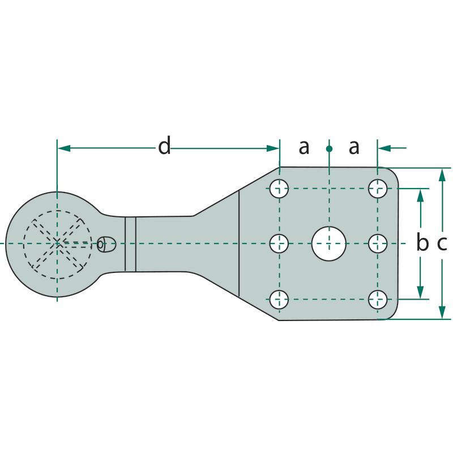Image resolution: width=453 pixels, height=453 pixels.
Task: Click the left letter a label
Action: point(304,147)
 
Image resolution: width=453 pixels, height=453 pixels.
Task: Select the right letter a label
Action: point(354,147)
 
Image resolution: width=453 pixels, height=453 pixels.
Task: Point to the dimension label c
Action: point(442,243)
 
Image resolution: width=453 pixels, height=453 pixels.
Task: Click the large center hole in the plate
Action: point(329,243)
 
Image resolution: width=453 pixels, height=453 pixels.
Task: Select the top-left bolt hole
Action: point(279,189)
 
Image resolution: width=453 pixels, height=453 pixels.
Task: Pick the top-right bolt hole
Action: point(378,189)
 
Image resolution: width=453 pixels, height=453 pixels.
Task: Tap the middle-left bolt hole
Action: point(279,243)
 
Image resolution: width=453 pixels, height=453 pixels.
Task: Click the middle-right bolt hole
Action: point(378,243)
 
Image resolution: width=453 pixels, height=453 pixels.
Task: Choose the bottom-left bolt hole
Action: point(279,300)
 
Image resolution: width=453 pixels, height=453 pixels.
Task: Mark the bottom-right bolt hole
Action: point(378,300)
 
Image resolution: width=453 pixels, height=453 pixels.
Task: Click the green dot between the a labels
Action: point(329,149)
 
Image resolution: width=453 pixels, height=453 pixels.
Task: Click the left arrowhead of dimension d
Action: point(64,148)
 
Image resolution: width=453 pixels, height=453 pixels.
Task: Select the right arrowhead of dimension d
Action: point(272,148)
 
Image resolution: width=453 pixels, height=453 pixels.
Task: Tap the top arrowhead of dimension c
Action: point(442,175)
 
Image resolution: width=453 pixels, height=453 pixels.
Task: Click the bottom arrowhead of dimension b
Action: point(420,292)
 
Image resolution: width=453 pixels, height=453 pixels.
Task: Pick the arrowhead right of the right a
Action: point(384,148)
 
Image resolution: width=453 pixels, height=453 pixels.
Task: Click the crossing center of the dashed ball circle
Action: point(57,243)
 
